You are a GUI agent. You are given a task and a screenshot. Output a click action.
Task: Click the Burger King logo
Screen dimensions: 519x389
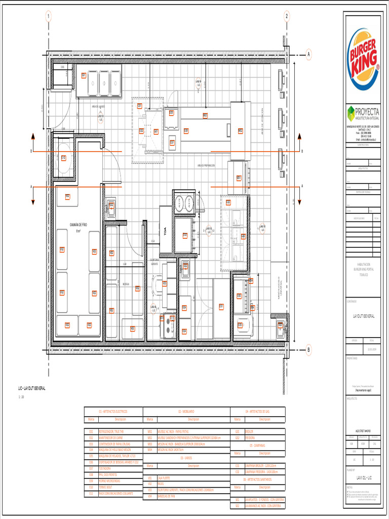pos(363,59)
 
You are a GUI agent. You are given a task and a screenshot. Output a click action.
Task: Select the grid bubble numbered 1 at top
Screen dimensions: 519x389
pos(49,16)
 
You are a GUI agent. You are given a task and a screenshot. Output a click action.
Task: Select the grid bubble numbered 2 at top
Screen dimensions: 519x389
pos(287,16)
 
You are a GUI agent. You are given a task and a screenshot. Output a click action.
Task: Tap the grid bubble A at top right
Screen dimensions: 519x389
pos(308,54)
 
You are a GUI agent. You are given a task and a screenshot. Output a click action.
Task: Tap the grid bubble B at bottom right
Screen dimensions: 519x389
pos(308,349)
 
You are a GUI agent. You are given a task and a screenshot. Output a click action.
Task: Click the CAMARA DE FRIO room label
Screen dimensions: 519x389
pos(79,225)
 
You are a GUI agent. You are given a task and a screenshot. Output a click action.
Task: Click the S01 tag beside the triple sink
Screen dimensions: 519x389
pos(84,75)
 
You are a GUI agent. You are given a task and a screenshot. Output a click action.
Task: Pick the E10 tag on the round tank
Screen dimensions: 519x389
pos(63,158)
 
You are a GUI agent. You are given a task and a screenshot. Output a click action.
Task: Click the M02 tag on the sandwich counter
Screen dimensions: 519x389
pos(241,131)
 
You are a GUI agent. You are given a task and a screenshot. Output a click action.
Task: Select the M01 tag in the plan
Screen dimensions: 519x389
pos(205,116)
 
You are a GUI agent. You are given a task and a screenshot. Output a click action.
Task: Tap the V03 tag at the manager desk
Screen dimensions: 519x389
pos(164,284)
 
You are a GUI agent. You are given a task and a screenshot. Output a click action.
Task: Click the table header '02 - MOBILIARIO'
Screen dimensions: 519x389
pos(186,412)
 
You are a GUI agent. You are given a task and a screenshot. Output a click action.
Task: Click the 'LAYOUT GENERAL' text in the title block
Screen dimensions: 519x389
pos(364,316)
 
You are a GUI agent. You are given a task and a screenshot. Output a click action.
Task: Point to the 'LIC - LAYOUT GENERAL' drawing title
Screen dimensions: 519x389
pos(32,388)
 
